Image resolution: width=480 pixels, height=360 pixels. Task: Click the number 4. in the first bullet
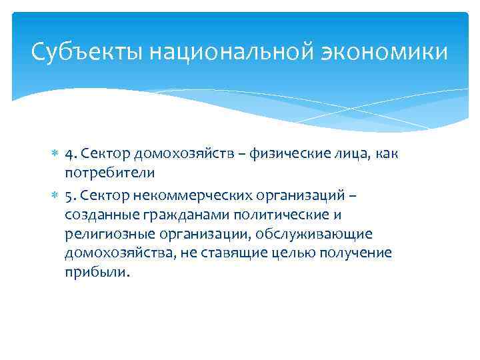coord(73,154)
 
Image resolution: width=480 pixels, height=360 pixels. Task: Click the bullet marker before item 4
coord(55,155)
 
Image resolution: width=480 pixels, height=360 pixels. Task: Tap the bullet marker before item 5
coord(55,196)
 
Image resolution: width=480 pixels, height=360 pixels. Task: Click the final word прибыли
coord(95,273)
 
